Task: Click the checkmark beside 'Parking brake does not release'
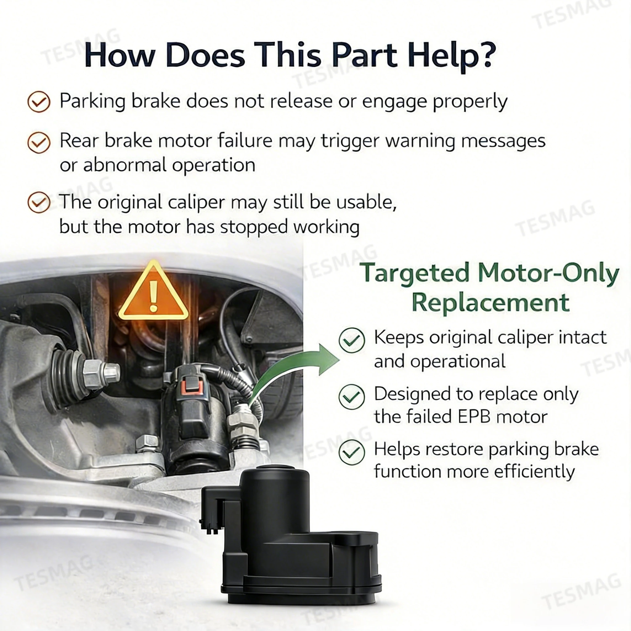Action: [x=39, y=102]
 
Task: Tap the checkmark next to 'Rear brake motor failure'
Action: [x=39, y=142]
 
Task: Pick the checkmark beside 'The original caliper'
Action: [x=39, y=202]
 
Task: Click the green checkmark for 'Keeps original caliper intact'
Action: [x=352, y=340]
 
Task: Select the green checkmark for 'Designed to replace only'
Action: [x=352, y=397]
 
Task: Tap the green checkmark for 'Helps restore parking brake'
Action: [x=352, y=452]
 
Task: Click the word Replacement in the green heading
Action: [x=491, y=303]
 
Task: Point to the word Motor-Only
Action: [x=549, y=273]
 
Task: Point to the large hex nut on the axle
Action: [x=95, y=373]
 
